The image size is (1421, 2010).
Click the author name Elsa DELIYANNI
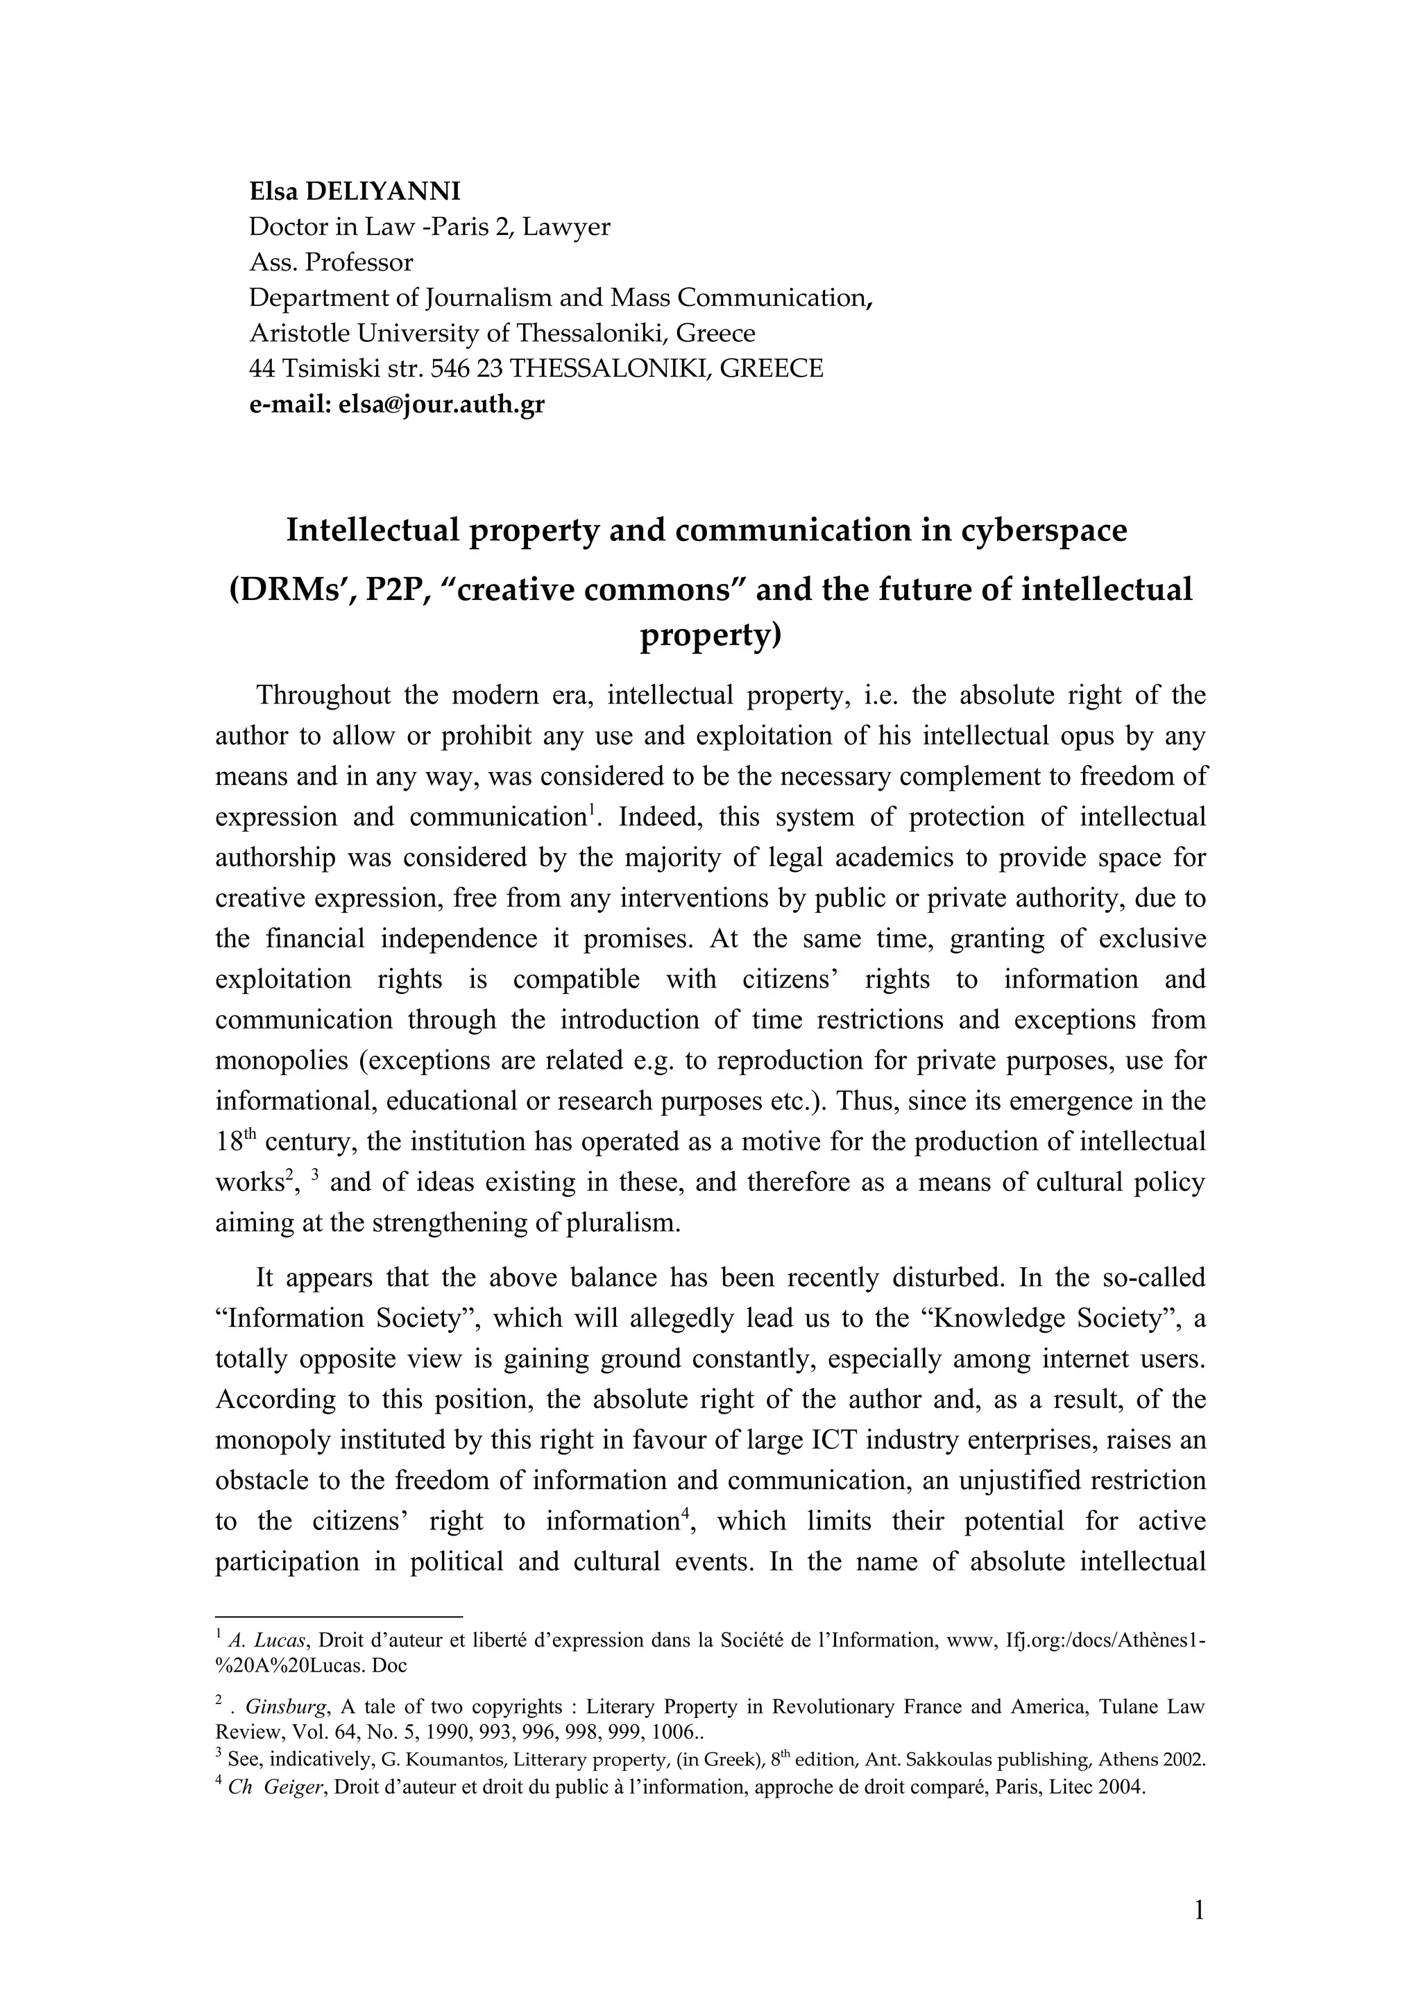355,191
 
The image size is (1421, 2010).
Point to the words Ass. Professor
331,261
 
